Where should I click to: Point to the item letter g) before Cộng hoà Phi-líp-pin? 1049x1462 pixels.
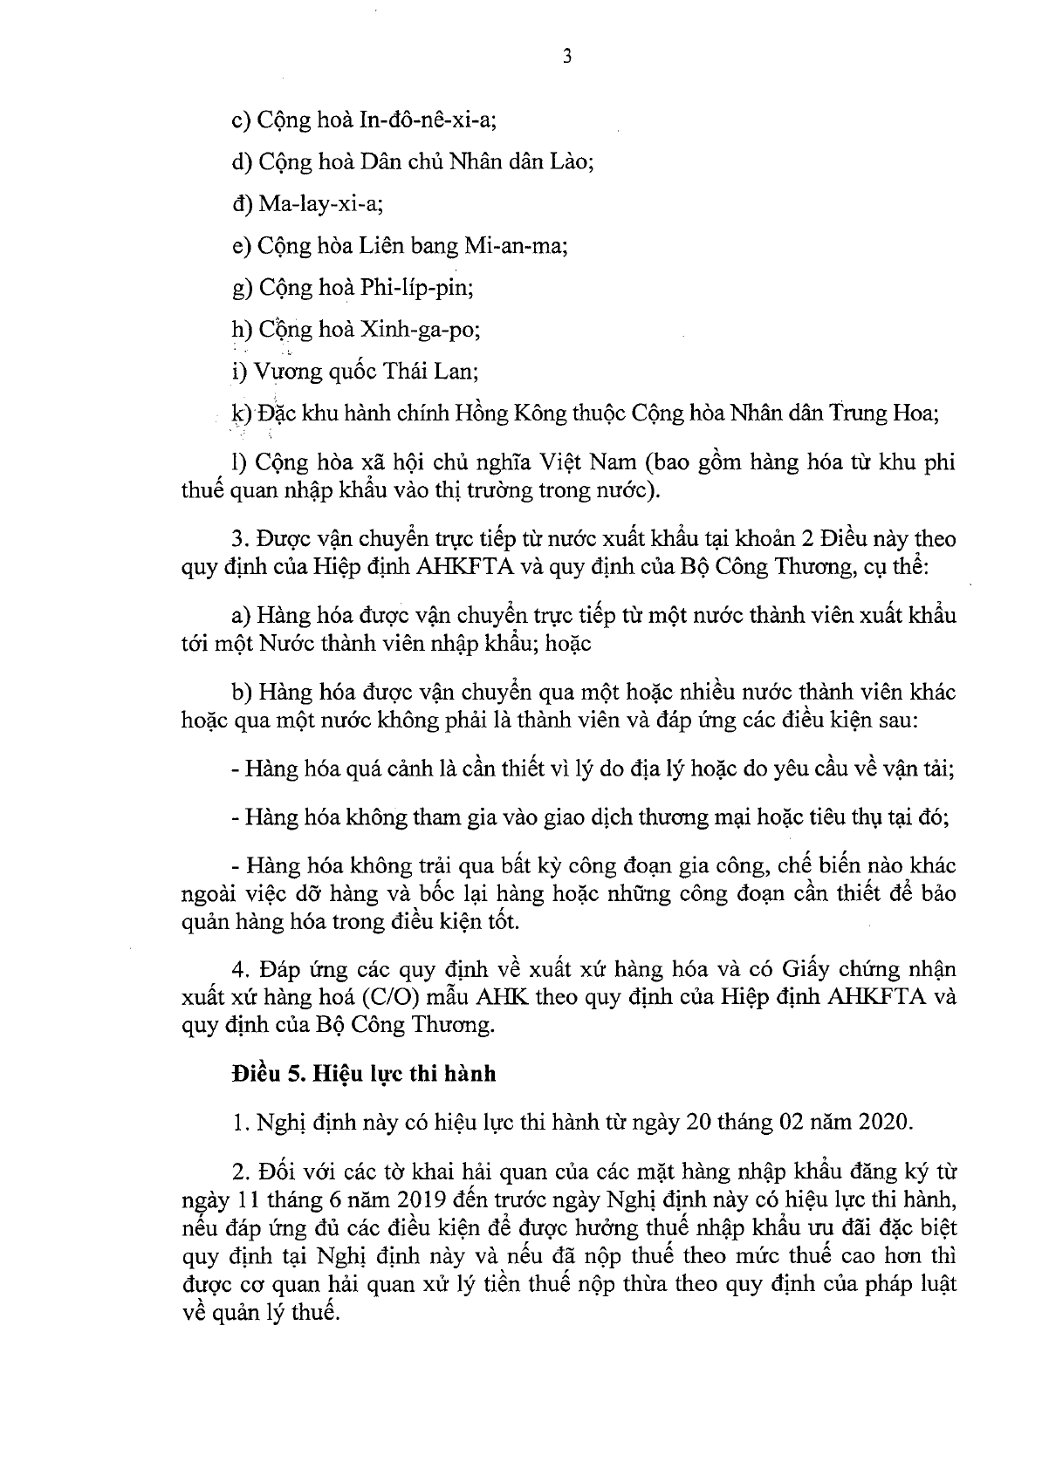coord(242,289)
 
